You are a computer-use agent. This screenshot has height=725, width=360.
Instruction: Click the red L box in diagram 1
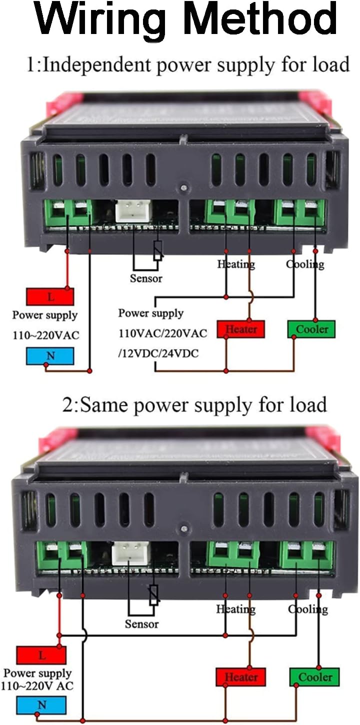[x=50, y=296]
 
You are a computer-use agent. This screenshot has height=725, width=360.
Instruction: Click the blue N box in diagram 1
[x=50, y=355]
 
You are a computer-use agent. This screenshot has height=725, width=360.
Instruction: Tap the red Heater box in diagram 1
[x=241, y=329]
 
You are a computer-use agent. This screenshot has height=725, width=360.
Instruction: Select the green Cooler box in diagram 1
[x=311, y=329]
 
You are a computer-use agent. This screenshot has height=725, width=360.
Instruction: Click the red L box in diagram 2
[x=41, y=654]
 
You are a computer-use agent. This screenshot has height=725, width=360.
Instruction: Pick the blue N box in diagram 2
[x=41, y=705]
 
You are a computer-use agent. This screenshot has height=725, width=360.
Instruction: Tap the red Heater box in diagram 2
[x=240, y=677]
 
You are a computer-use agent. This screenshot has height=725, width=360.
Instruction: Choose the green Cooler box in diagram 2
[x=314, y=677]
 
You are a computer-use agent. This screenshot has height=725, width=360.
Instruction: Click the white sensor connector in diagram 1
[x=133, y=210]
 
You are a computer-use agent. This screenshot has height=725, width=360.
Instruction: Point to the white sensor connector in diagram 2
[x=130, y=553]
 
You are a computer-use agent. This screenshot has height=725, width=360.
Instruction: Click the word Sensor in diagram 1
[x=146, y=278]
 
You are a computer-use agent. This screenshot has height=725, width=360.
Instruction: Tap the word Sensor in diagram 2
[x=141, y=624]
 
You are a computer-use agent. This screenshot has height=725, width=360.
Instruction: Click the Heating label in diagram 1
[x=236, y=264]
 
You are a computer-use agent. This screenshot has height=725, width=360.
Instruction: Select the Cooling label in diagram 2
[x=308, y=609]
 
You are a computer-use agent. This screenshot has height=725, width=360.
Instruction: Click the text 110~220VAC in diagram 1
[x=45, y=335]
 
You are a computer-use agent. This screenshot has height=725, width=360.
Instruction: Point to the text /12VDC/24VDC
[x=158, y=353]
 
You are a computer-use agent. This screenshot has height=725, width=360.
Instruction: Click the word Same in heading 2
[x=104, y=404]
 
